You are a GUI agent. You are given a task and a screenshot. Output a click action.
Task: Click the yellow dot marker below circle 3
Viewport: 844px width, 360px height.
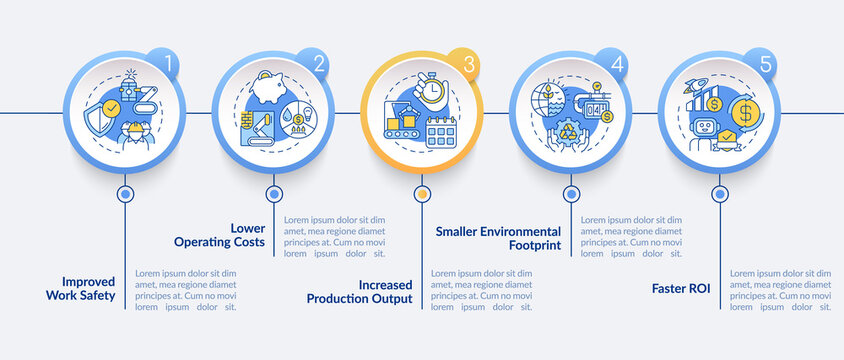click(x=422, y=194)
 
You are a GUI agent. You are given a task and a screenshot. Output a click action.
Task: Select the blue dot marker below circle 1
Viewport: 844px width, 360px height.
click(x=125, y=194)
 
